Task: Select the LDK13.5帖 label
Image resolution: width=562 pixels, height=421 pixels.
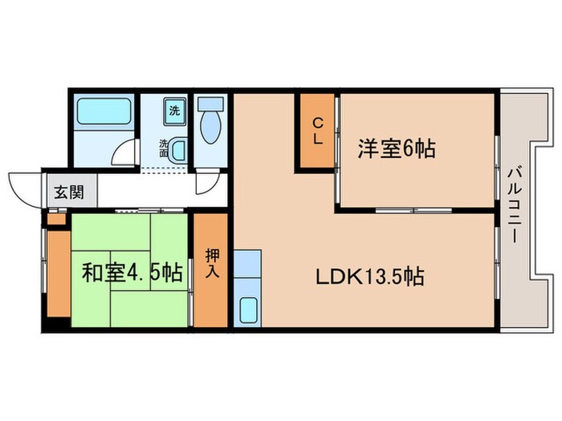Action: tap(369, 277)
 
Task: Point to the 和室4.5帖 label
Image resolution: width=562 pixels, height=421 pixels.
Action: tap(131, 273)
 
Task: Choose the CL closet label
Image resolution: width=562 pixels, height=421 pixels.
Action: tap(318, 131)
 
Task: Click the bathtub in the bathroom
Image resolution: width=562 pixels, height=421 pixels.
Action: tap(104, 112)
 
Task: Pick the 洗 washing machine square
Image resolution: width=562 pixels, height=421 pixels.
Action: tap(174, 110)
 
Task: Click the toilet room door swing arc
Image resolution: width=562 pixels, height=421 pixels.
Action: tap(206, 184)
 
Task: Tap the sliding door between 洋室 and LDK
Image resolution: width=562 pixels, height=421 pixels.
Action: tap(413, 209)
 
